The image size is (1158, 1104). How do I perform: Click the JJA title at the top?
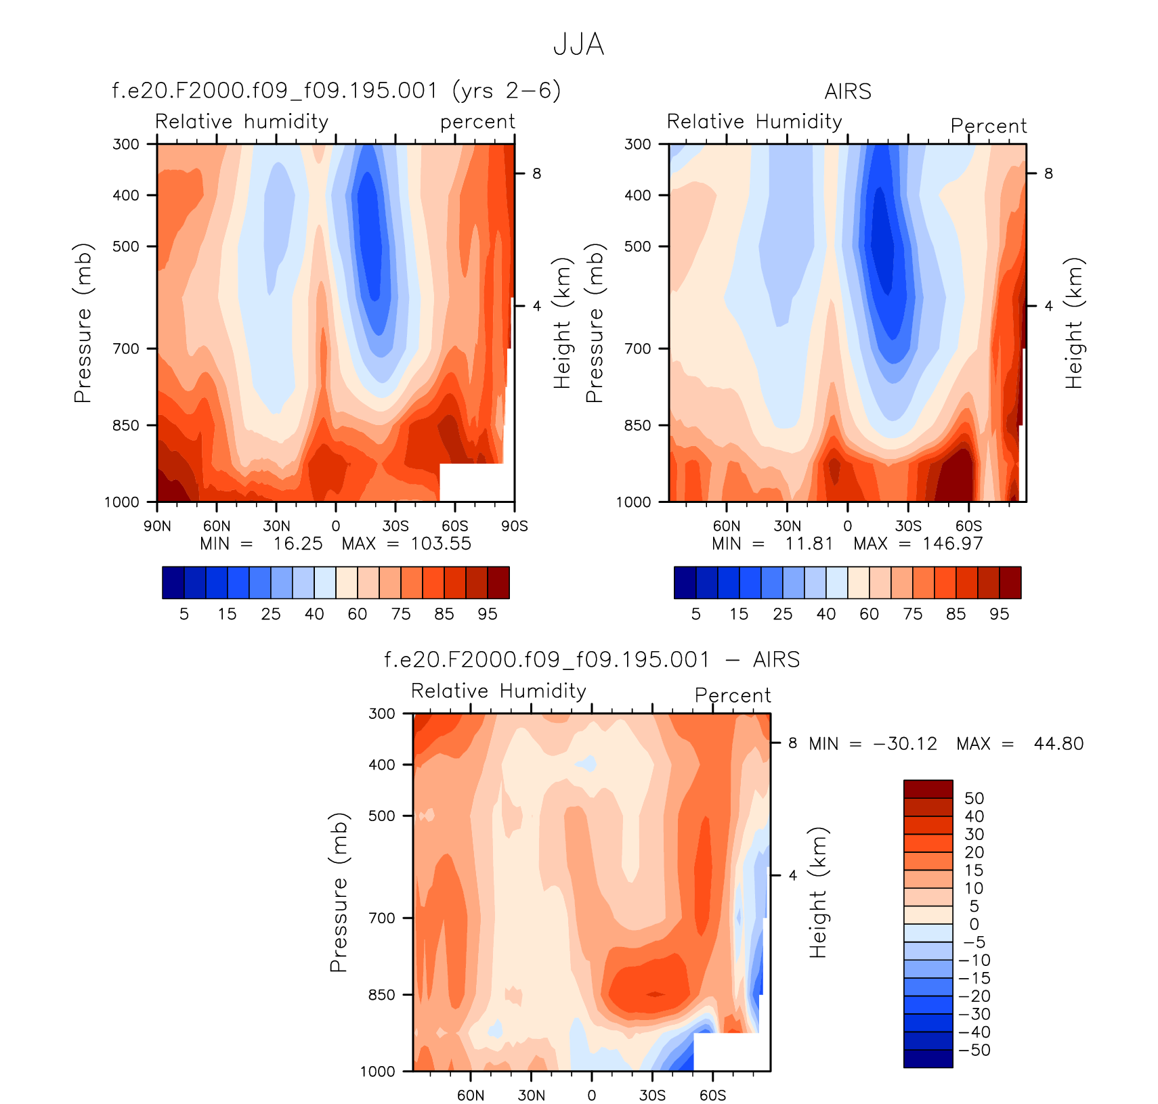578,45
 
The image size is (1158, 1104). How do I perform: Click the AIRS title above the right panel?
848,91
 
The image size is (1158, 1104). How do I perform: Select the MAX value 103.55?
441,544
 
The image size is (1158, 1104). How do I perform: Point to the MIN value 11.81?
809,544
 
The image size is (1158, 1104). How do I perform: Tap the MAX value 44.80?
1058,744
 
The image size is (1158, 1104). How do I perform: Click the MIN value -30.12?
905,744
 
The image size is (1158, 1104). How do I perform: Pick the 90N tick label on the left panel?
157,526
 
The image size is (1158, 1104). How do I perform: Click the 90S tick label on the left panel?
515,526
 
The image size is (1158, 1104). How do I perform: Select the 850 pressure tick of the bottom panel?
381,994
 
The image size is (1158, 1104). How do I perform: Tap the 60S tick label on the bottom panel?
712,1095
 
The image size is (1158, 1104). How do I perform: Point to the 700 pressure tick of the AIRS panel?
637,349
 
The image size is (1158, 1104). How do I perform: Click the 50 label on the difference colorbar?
974,798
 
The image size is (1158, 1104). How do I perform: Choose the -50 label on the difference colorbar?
974,1050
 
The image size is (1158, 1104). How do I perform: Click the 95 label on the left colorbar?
487,614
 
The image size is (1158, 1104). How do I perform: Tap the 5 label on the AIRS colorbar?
695,614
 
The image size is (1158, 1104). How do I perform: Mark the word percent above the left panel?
477,122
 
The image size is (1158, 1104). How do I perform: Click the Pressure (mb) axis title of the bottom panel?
338,892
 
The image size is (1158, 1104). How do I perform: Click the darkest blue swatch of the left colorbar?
173,583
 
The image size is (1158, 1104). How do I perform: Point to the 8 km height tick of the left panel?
536,173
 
